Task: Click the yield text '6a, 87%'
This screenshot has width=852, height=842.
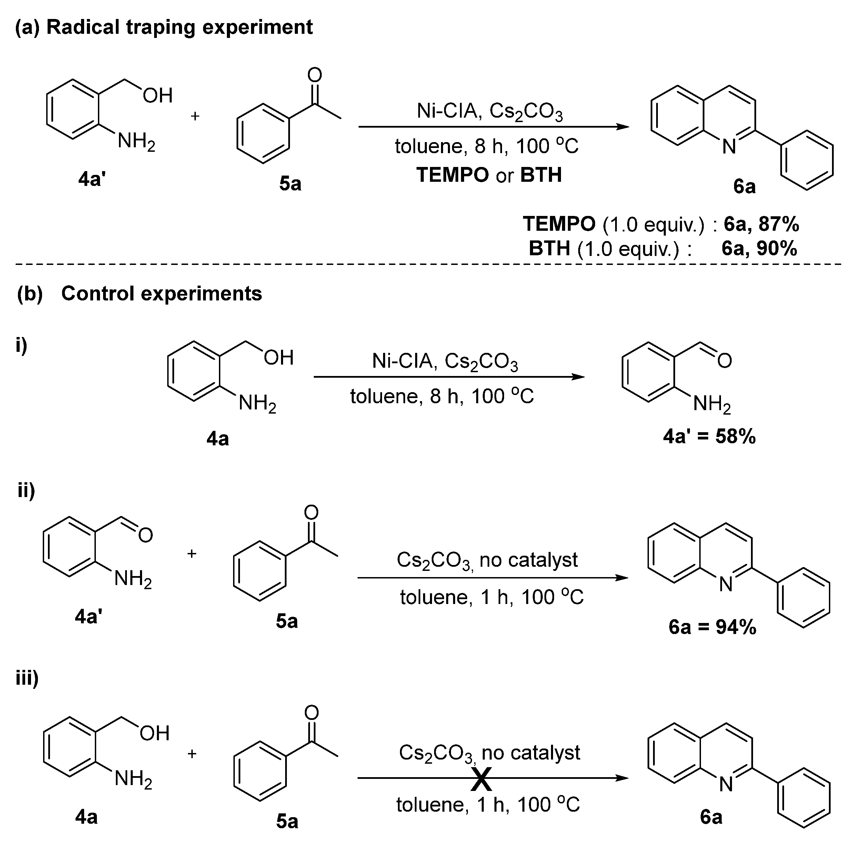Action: pyautogui.click(x=761, y=225)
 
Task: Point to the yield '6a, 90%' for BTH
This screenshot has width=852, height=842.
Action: pyautogui.click(x=759, y=249)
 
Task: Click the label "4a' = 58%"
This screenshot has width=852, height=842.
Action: pyautogui.click(x=709, y=437)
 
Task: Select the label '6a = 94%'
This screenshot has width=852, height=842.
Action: pyautogui.click(x=712, y=627)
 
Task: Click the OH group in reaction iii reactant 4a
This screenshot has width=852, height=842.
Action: pyautogui.click(x=155, y=733)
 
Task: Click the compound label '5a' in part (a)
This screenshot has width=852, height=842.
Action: pyautogui.click(x=290, y=184)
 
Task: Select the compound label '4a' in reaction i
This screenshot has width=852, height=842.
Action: pyautogui.click(x=218, y=439)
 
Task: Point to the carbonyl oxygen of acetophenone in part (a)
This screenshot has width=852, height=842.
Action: pyautogui.click(x=314, y=75)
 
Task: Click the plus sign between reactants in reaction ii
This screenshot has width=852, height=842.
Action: pyautogui.click(x=191, y=554)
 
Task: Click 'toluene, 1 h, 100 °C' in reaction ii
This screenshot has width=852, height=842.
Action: pyautogui.click(x=492, y=597)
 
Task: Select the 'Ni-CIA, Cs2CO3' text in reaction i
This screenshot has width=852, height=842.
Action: pyautogui.click(x=445, y=362)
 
